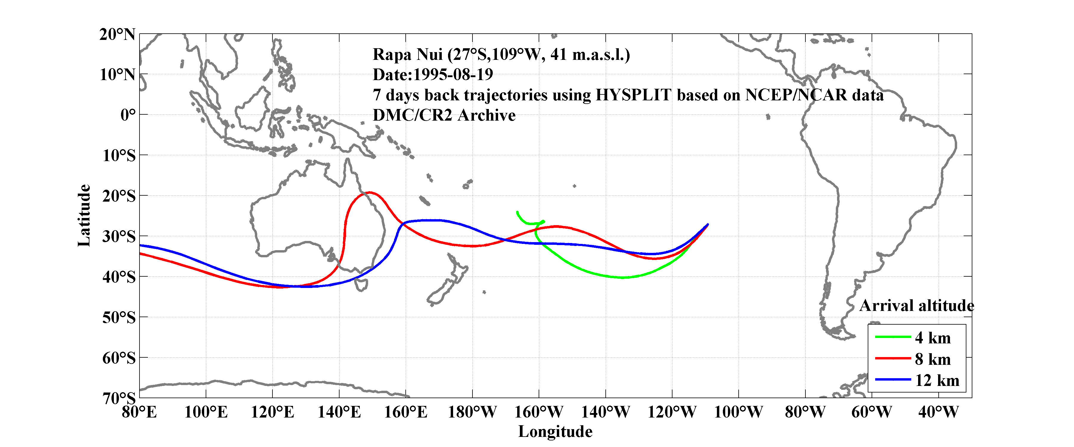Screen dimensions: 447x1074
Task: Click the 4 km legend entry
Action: point(933,338)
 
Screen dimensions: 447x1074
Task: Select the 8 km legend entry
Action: point(933,359)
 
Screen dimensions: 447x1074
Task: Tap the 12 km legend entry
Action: point(937,380)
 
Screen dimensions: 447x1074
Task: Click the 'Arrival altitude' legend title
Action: point(916,306)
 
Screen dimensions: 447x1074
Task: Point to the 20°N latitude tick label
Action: point(117,34)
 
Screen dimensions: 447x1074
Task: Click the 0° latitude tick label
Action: point(128,115)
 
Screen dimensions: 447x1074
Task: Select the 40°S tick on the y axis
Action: point(119,277)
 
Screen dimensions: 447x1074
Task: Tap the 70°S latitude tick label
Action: point(119,398)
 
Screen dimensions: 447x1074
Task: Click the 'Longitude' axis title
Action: point(555,432)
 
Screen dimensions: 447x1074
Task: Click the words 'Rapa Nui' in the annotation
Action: point(407,54)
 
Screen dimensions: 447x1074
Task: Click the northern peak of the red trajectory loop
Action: point(369,192)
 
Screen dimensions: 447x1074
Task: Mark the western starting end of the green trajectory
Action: point(517,212)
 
